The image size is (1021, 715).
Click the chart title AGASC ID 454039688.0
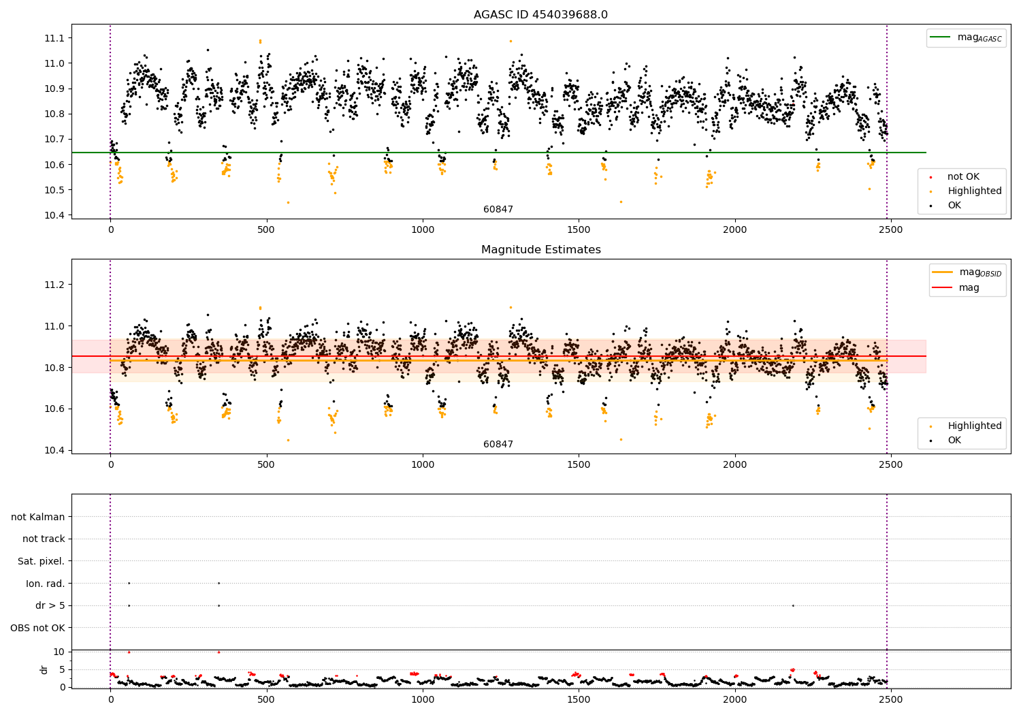coord(540,15)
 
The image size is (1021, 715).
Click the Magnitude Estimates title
coord(540,250)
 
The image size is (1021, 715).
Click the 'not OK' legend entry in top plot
coord(963,177)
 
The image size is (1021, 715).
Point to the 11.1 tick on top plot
coord(54,38)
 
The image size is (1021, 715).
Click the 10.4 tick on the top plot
coord(54,215)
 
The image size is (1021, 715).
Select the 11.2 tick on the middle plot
coord(54,285)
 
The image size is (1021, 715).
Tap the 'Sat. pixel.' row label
coord(42,561)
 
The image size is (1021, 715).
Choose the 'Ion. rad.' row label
coord(46,584)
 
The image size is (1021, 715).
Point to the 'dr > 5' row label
coord(50,605)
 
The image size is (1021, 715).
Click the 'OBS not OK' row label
coord(38,628)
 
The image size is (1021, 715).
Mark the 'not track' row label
coord(44,539)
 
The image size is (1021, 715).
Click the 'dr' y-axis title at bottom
coord(44,669)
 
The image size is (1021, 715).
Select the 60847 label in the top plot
coord(498,209)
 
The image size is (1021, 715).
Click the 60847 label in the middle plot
coord(498,444)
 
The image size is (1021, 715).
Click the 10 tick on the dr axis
coord(59,652)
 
